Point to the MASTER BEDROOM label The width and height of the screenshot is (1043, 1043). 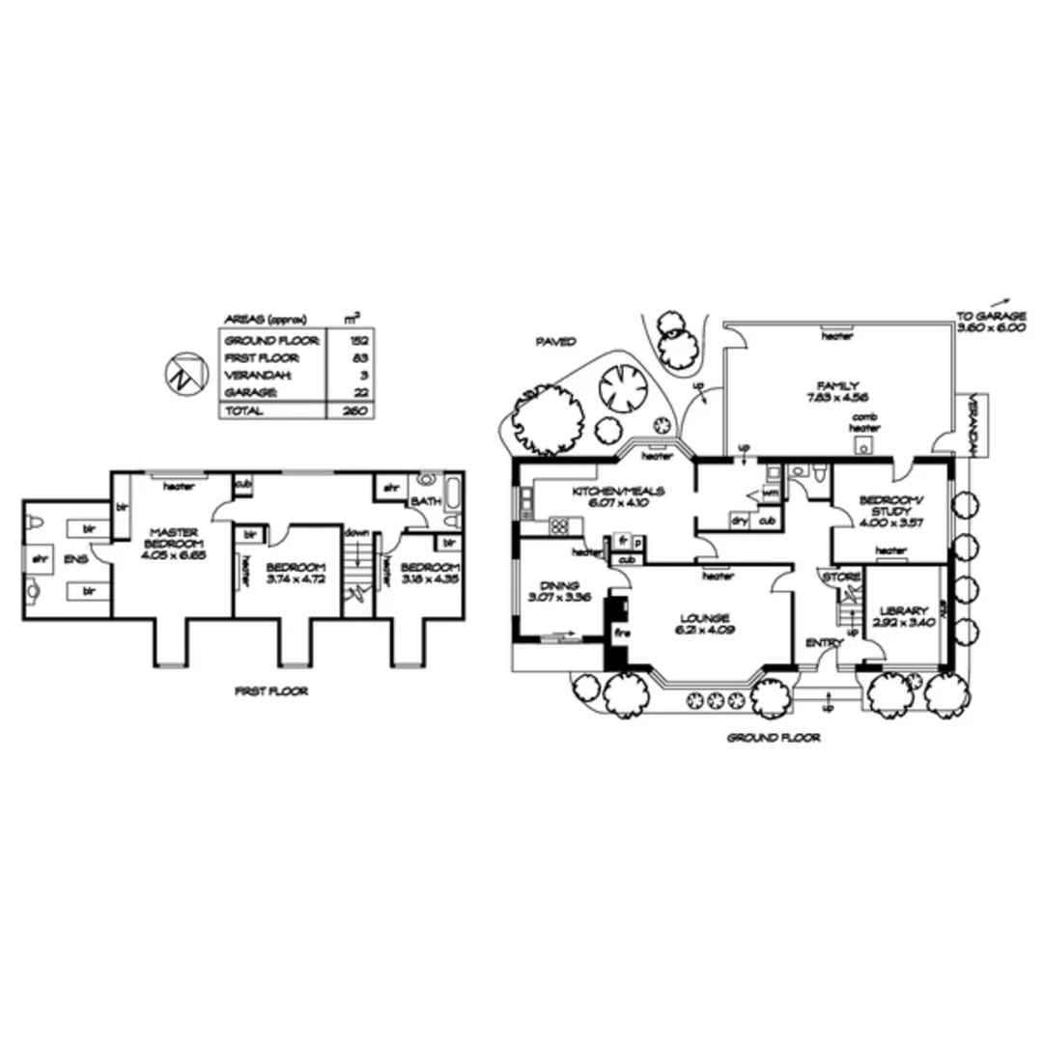(173, 539)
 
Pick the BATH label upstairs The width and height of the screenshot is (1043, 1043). (426, 502)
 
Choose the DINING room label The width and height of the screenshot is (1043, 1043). (561, 585)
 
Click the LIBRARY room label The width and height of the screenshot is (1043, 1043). (904, 611)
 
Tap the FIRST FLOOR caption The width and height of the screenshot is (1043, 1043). (271, 691)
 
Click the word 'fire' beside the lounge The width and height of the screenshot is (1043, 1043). (622, 633)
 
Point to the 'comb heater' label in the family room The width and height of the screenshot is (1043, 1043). (863, 422)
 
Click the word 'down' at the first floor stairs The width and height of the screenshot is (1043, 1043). (356, 531)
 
